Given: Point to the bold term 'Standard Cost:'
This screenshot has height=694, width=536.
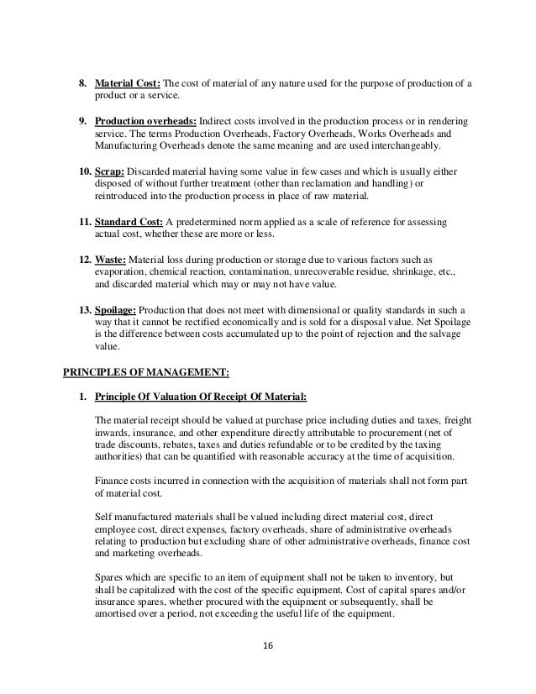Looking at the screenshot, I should [127, 222].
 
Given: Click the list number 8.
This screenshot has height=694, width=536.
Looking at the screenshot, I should [82, 82].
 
